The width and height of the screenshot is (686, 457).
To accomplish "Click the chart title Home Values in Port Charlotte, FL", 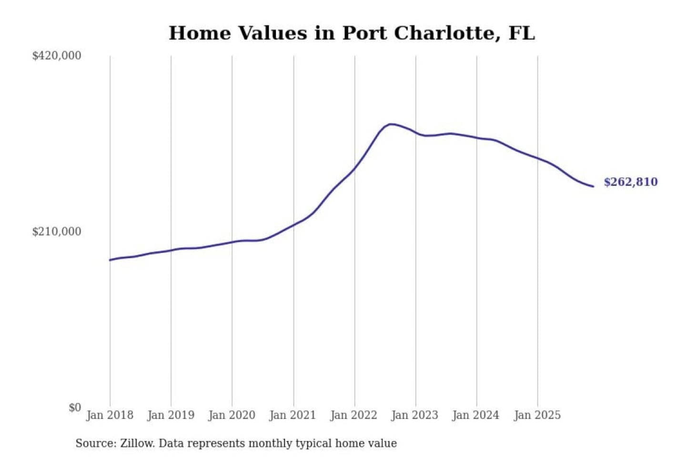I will tap(352, 33).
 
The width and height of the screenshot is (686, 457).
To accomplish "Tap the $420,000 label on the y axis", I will tap(56, 56).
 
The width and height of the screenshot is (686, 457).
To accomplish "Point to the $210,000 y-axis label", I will tap(56, 232).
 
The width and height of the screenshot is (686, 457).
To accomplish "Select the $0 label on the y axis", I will tap(74, 407).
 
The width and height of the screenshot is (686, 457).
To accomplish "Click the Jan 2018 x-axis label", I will tap(110, 415).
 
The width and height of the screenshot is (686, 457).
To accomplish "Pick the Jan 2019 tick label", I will tap(171, 415).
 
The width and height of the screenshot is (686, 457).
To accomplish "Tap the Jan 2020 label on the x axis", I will tap(232, 415).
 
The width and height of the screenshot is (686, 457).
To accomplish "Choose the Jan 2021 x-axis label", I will tap(293, 415).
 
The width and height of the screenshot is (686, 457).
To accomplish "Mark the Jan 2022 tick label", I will tap(353, 415).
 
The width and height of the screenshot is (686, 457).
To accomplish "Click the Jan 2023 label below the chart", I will tap(414, 415).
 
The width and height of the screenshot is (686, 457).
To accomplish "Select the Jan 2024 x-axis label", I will tap(475, 415).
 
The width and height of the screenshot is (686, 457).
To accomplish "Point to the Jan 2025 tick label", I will tap(537, 415).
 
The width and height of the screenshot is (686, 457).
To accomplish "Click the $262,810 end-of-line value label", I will tap(630, 182).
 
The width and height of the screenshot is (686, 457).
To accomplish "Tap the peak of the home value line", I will tap(391, 124).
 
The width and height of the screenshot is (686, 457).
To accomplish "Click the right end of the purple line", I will tap(593, 186).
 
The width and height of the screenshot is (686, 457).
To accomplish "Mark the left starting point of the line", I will tap(110, 260).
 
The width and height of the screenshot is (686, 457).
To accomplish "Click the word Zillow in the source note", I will tap(137, 443).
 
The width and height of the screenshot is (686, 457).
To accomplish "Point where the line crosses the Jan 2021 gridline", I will tap(293, 224).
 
